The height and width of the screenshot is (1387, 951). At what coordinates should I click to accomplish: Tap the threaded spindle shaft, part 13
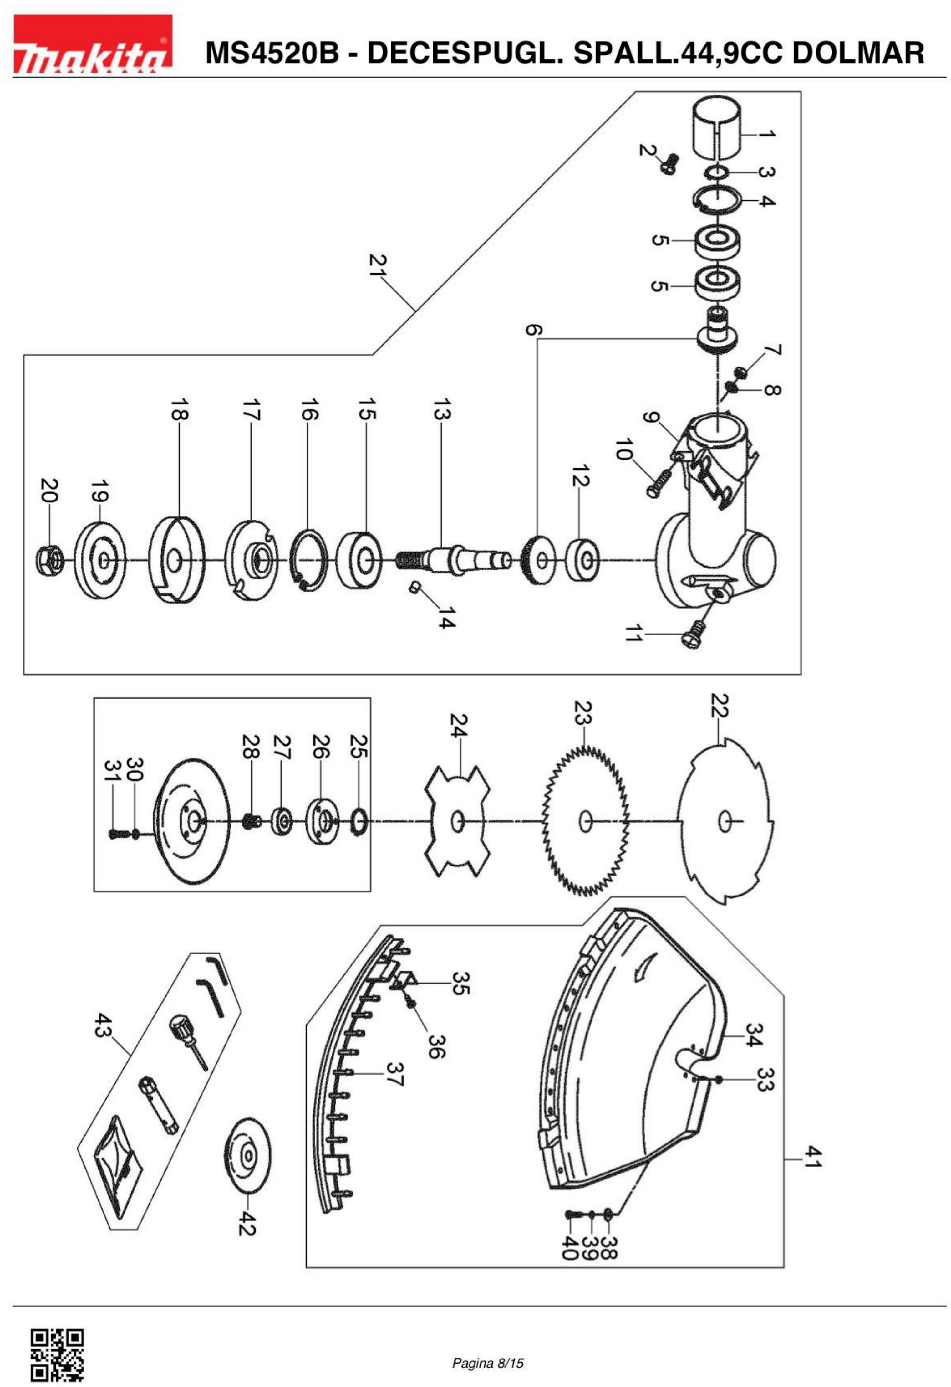(453, 559)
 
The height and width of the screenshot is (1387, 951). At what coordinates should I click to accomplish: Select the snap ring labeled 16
(312, 560)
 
